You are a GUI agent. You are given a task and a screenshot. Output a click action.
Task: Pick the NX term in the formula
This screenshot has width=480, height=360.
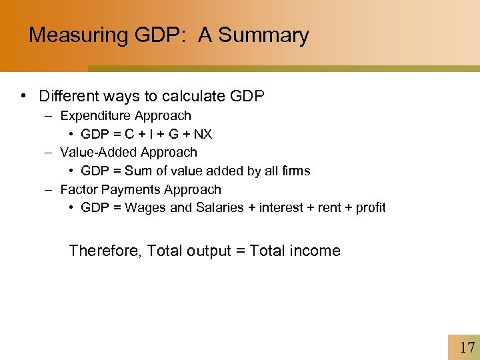[203, 134]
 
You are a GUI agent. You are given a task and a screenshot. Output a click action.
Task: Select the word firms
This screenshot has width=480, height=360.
[295, 171]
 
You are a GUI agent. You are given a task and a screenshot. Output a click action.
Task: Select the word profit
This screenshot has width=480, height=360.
[371, 207]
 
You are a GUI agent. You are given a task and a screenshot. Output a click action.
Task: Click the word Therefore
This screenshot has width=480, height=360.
[105, 251]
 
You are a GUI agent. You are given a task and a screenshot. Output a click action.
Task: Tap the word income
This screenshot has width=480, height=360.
[316, 251]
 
